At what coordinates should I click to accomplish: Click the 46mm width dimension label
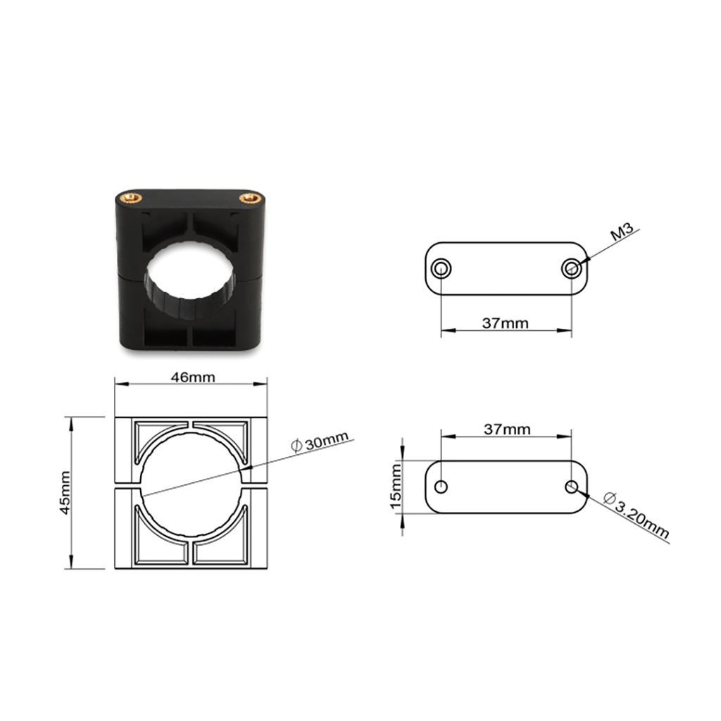pyautogui.click(x=193, y=377)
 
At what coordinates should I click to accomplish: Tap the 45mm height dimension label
pyautogui.click(x=65, y=493)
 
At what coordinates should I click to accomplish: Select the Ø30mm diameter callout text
pyautogui.click(x=320, y=442)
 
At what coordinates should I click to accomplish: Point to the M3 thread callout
pyautogui.click(x=622, y=231)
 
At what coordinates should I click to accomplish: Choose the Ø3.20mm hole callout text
pyautogui.click(x=637, y=515)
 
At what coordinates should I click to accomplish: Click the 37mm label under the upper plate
pyautogui.click(x=506, y=323)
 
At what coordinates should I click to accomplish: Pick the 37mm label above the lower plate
pyautogui.click(x=507, y=430)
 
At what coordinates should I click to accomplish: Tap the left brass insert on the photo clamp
pyautogui.click(x=130, y=199)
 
